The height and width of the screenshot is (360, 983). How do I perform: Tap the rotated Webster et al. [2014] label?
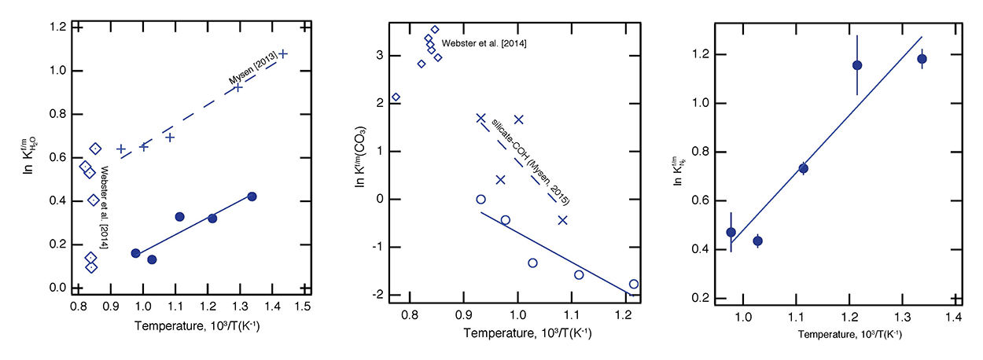(105, 203)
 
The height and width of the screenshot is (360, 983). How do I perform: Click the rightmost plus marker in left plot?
(283, 53)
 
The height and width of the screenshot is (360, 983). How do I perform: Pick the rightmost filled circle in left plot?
(252, 197)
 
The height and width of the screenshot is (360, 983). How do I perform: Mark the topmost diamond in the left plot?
(95, 149)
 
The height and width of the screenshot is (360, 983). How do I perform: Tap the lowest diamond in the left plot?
(91, 267)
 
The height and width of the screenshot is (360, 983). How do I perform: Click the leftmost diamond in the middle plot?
(396, 97)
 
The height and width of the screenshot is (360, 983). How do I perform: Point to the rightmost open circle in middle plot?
(634, 284)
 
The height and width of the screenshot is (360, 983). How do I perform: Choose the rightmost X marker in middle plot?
(562, 220)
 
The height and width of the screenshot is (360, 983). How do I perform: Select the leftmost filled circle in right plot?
(731, 232)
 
